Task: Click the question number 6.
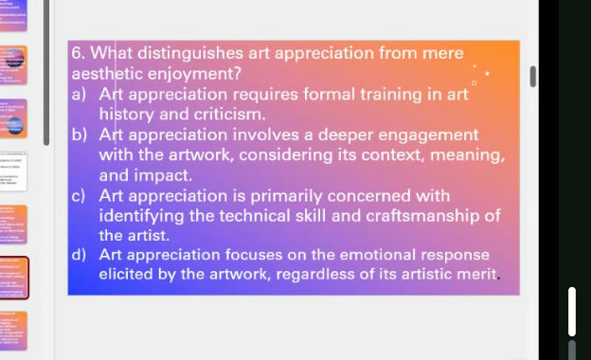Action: pyautogui.click(x=79, y=53)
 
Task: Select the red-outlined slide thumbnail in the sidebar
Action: pyautogui.click(x=14, y=277)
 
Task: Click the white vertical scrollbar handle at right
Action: pyautogui.click(x=571, y=311)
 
